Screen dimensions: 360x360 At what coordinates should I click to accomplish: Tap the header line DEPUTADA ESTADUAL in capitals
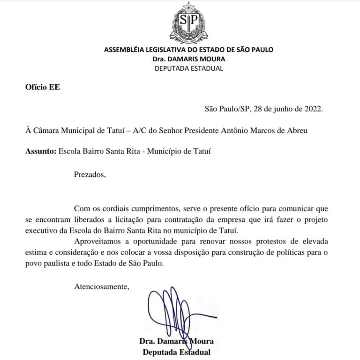tap(188, 68)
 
